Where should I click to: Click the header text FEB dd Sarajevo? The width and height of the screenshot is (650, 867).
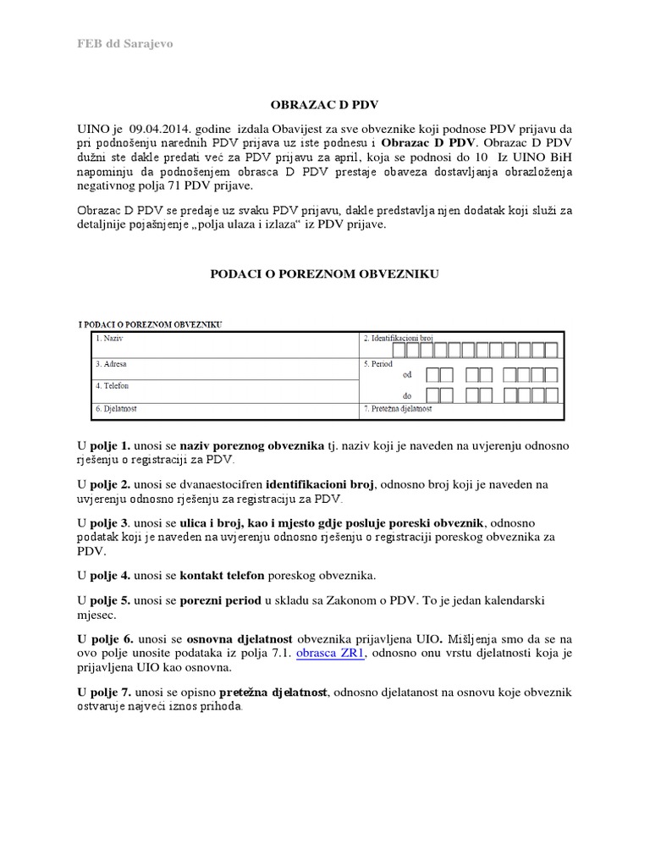[126, 44]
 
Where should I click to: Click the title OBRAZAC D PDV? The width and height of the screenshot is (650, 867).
[324, 105]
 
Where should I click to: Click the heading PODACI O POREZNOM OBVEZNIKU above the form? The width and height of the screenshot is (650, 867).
[324, 274]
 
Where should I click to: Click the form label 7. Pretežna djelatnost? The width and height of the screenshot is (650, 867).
[398, 409]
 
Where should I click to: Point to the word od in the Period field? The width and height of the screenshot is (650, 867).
[407, 374]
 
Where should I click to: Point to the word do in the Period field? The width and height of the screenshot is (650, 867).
[407, 395]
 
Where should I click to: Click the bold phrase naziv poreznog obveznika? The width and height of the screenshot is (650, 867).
[252, 445]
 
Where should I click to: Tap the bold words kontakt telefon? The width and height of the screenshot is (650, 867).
[223, 576]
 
